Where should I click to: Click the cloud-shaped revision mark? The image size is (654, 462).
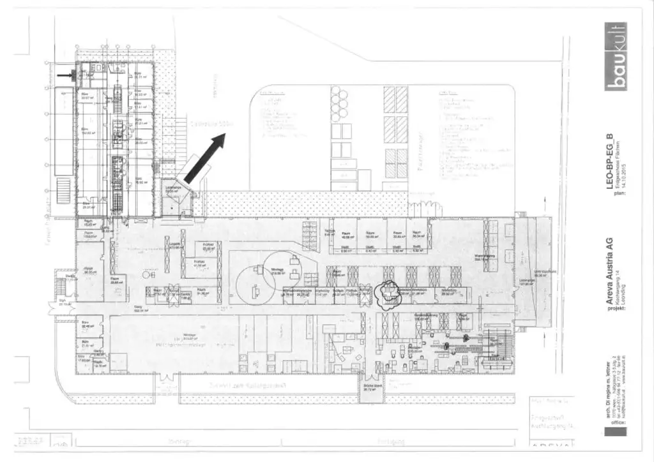click(388, 294)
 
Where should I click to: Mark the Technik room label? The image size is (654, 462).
click(330, 232)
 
